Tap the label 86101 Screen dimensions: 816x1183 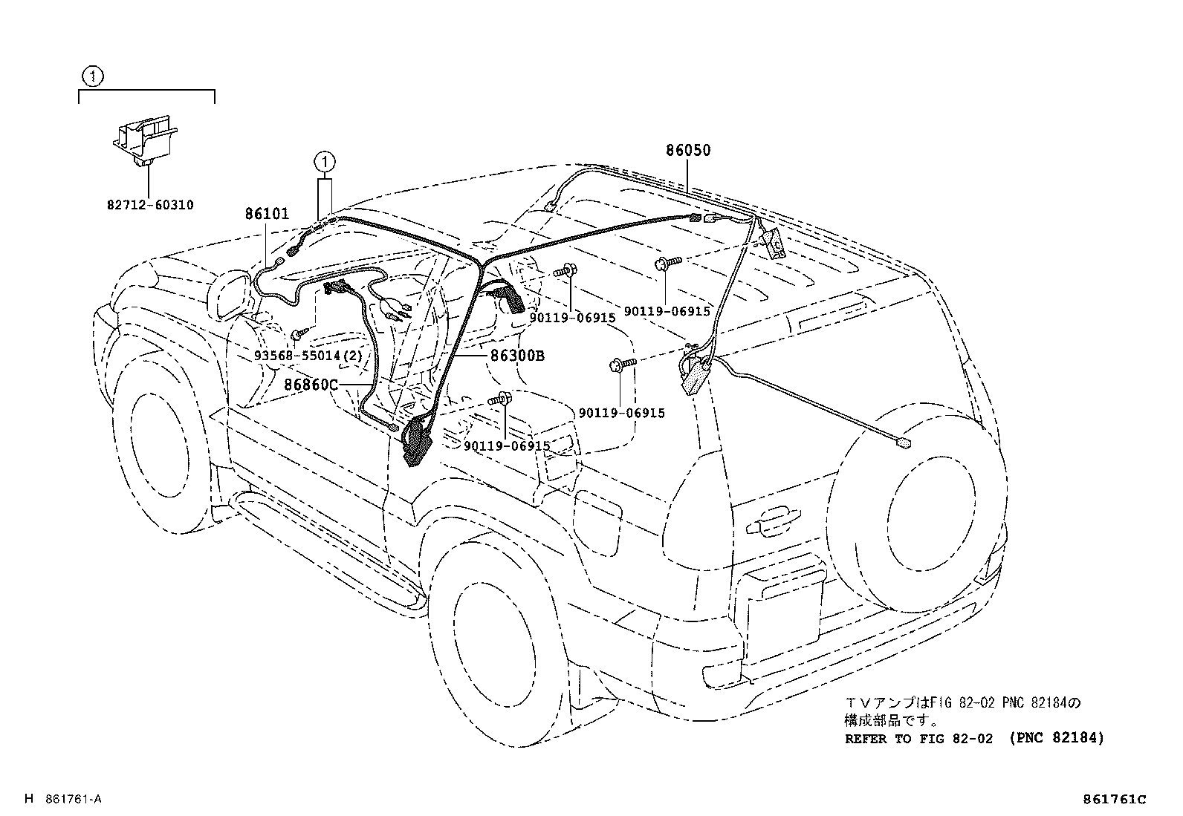(266, 215)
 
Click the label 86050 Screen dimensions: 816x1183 (687, 150)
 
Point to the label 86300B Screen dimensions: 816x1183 (517, 356)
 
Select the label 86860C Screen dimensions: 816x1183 (311, 385)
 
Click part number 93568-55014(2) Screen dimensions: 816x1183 (308, 356)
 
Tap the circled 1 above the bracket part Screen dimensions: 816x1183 (92, 75)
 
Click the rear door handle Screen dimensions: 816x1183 (772, 520)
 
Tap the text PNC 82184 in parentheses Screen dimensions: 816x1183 (1056, 737)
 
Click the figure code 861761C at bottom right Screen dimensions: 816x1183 (1114, 800)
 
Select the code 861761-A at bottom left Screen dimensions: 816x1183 (73, 799)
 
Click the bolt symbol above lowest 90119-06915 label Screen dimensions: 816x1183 (499, 399)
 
